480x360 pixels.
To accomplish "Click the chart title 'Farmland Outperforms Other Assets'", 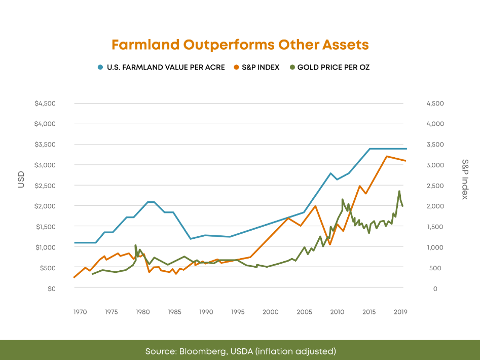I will coord(240,45).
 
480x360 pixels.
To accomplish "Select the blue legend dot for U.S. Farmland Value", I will coord(100,67).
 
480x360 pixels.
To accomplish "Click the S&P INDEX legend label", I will coord(261,67).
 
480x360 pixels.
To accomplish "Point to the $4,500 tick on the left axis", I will coord(45,103).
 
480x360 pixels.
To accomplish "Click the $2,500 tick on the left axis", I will coord(45,186).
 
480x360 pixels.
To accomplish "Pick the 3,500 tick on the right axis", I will coord(435,145).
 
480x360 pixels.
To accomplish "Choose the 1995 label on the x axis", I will coord(238,312).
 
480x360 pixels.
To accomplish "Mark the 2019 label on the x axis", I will coord(400,312).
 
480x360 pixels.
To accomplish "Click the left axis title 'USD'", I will coord(21,180).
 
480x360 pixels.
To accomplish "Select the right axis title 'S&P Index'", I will coord(465,179).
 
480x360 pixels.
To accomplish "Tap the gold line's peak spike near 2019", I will coord(399,191).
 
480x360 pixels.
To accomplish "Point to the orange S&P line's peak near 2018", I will coord(387,156).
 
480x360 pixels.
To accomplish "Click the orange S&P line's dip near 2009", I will coord(330,244).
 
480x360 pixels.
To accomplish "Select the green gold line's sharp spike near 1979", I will coord(135,245).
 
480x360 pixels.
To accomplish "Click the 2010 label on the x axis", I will coord(337,312).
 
